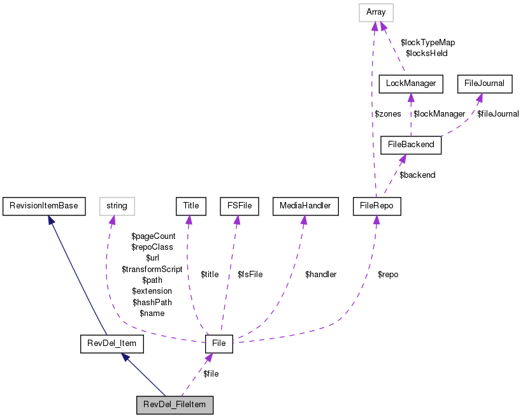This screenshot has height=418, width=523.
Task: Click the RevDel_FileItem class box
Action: click(x=175, y=405)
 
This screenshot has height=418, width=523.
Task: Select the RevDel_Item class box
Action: click(x=111, y=344)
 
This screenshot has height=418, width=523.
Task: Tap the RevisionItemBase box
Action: click(x=44, y=206)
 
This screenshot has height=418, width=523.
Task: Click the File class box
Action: click(x=219, y=344)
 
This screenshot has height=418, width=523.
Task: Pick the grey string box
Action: click(x=117, y=206)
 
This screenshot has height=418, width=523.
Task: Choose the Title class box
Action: click(x=191, y=206)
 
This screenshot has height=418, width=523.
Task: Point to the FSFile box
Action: click(x=238, y=206)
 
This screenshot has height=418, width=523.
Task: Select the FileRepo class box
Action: click(x=376, y=206)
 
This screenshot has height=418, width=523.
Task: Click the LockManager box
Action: click(x=410, y=83)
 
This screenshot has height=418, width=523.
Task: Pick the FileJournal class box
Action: click(x=484, y=83)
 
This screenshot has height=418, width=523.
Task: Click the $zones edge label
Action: click(x=387, y=114)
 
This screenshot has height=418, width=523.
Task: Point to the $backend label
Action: click(x=417, y=175)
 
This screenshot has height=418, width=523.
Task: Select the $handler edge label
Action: click(x=320, y=275)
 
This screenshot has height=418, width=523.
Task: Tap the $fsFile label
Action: click(x=250, y=275)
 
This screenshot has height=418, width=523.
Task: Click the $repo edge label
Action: click(x=387, y=275)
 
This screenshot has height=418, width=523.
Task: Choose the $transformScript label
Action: click(x=152, y=270)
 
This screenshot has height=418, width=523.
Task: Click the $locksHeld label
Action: click(x=426, y=54)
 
